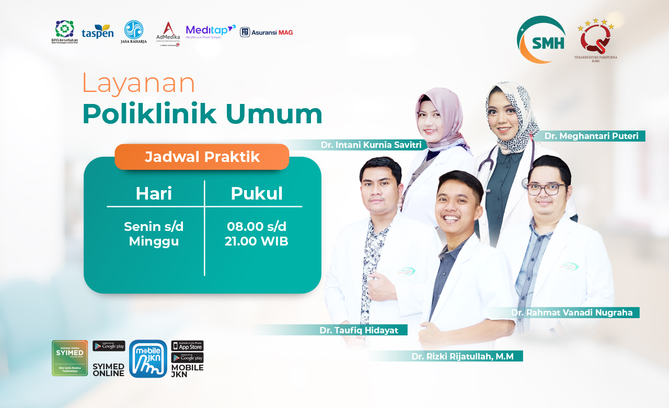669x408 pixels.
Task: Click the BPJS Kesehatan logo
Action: (65, 32)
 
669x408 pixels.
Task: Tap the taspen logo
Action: (98, 32)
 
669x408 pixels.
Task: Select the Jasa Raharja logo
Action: (134, 32)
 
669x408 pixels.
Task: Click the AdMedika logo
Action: (168, 34)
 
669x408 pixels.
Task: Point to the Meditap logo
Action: (211, 31)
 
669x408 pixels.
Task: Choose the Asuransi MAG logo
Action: (267, 32)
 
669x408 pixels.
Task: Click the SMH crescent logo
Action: (541, 40)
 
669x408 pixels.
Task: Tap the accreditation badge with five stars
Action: (595, 39)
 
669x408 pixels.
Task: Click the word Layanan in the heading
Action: (139, 83)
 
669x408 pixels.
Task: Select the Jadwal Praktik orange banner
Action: (202, 157)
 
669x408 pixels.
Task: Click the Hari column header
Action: (154, 193)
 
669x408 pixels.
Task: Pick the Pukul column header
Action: (257, 193)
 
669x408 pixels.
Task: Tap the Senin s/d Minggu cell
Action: (154, 234)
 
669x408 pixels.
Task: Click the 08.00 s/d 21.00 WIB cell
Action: (257, 234)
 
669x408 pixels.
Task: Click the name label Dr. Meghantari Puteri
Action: (591, 136)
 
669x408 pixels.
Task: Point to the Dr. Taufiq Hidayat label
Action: (359, 330)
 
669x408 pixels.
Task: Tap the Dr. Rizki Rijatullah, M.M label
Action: (462, 356)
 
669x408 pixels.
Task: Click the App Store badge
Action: (187, 346)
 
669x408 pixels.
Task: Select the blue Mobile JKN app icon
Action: (148, 359)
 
